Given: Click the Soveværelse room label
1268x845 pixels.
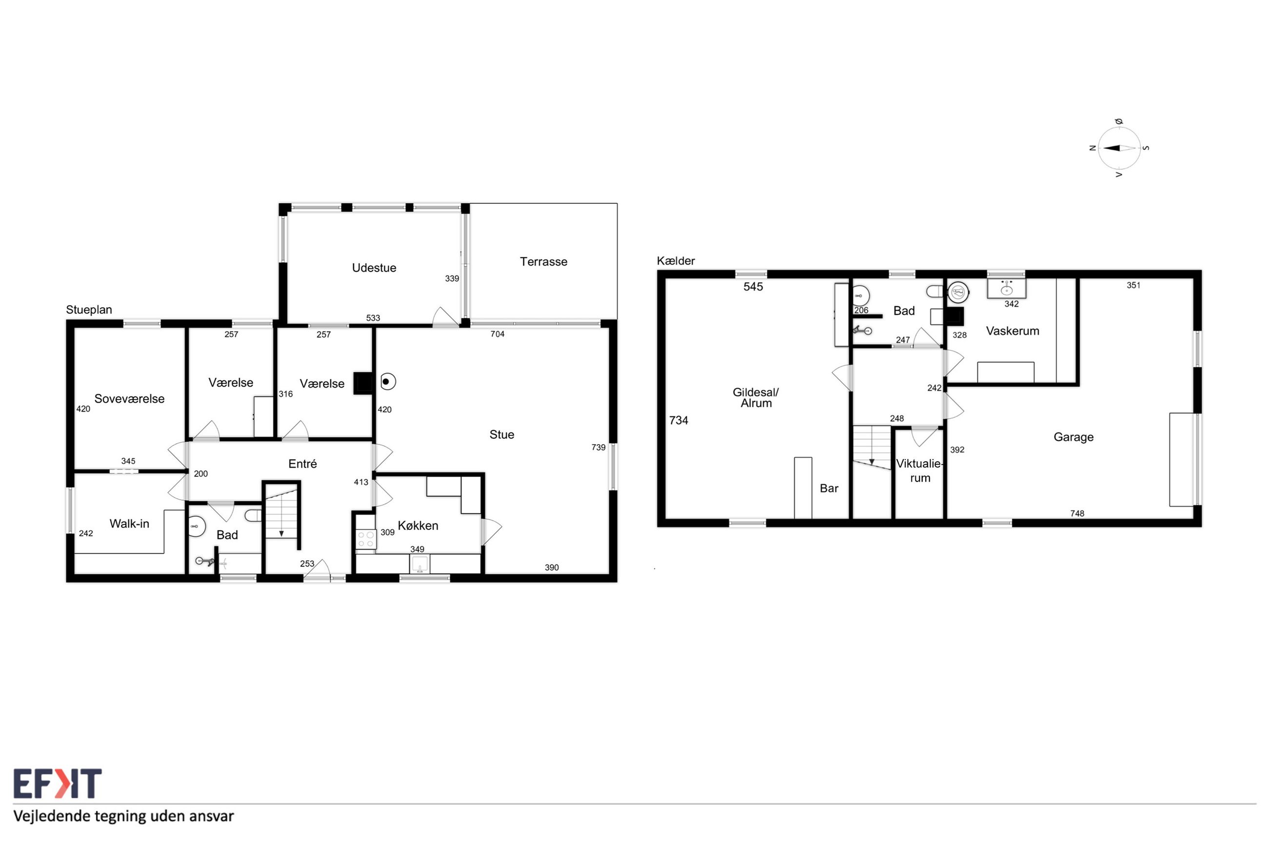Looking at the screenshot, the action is click(x=129, y=399).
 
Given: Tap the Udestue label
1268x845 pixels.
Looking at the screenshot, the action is click(x=374, y=268).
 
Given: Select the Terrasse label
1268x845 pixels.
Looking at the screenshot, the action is click(x=543, y=262).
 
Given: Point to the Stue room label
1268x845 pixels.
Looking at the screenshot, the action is click(x=502, y=434).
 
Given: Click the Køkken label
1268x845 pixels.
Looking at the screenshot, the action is click(x=417, y=526).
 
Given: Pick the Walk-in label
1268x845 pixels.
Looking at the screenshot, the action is click(x=129, y=523).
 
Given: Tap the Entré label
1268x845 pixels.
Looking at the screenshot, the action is click(x=302, y=463).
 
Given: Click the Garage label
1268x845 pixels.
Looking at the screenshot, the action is click(x=1073, y=437).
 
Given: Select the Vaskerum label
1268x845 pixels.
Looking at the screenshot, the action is click(x=1012, y=331).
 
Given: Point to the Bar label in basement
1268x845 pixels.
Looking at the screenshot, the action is click(x=829, y=488).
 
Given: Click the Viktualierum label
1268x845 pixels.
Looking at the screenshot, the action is click(x=919, y=471).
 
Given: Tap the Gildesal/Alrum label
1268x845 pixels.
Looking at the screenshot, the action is click(x=755, y=398).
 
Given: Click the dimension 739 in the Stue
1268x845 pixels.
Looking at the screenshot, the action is click(x=598, y=447).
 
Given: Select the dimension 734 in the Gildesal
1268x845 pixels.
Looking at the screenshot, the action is click(x=678, y=420).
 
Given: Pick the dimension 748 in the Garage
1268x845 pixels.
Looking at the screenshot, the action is click(x=1077, y=513).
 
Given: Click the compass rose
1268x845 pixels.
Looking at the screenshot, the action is click(x=1119, y=148).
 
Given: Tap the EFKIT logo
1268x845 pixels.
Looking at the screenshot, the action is click(x=57, y=784).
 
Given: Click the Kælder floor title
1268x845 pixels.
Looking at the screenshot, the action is click(x=676, y=261).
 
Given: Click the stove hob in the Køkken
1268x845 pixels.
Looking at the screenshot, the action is click(x=366, y=539).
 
